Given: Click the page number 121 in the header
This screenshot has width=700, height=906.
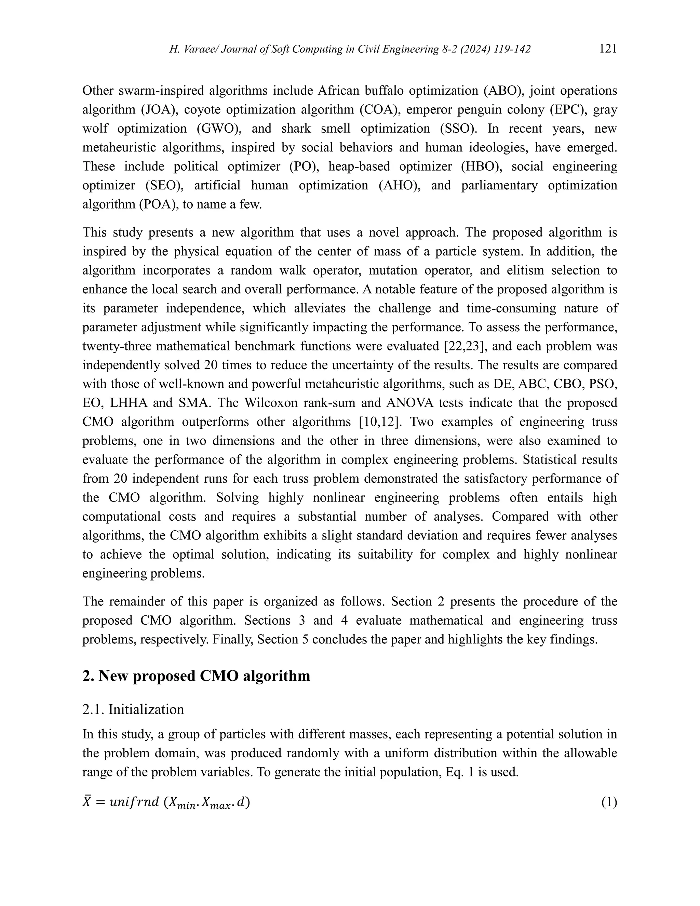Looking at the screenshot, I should (608, 49).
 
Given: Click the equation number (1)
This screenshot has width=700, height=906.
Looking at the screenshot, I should (609, 803).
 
